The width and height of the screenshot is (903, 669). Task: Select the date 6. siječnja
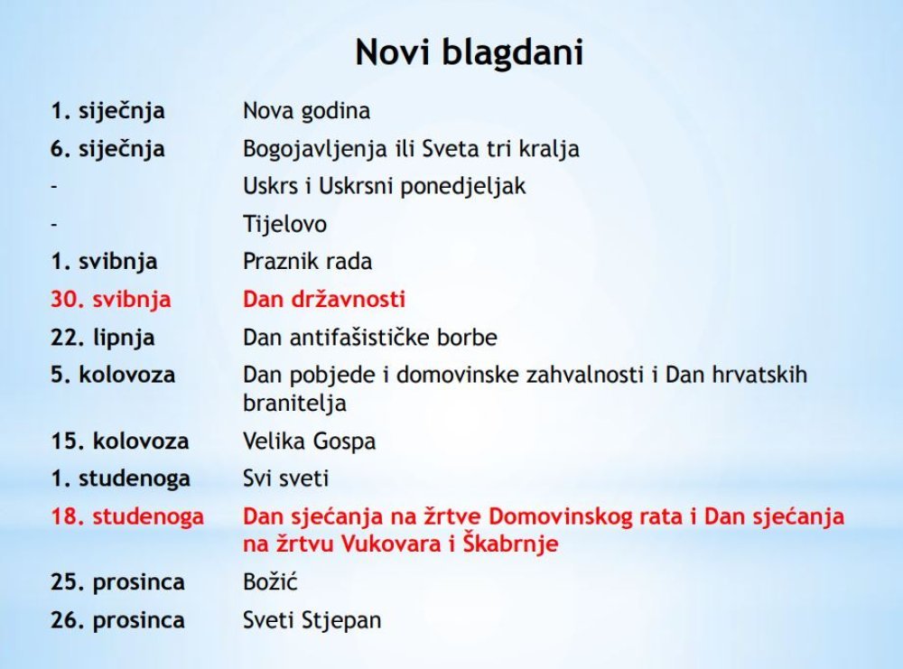point(107,149)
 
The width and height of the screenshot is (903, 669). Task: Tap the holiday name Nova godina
point(306,110)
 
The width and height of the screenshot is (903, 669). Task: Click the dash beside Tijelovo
point(54,224)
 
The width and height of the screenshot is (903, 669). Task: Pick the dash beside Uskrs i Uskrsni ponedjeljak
point(54,186)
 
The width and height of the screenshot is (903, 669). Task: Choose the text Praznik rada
point(308,262)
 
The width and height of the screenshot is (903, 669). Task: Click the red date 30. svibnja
point(110,300)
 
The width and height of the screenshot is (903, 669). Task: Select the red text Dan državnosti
point(324,300)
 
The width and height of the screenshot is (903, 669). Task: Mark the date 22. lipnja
point(103,338)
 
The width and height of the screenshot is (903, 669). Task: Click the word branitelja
point(294,403)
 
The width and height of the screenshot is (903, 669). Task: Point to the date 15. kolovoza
point(120,441)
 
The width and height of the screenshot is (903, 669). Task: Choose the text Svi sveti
point(285,479)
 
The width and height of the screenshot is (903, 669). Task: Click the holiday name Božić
point(270,581)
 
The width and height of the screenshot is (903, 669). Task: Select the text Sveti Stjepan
point(312,620)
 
